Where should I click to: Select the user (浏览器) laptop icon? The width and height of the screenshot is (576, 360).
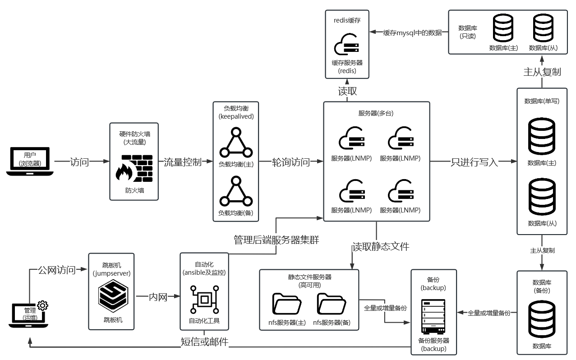coord(30,161)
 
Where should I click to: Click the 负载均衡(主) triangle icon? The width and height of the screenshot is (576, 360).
coord(235,143)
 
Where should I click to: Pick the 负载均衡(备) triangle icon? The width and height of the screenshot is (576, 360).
coord(235,192)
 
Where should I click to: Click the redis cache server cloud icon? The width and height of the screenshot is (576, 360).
coord(346,44)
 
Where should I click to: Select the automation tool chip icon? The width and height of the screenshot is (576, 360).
coord(204,299)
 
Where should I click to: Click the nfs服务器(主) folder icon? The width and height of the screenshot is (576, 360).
coord(287,304)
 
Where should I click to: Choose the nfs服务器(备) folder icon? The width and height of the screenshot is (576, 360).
coord(332,304)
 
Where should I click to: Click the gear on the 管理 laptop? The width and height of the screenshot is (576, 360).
coord(43,305)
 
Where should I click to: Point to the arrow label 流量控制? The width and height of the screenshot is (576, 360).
coord(182,162)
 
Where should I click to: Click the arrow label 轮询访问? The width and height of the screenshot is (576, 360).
coord(291,162)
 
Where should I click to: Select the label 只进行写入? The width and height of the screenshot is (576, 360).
coord(474,162)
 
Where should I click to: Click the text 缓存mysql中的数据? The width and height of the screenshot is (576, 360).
coord(412,32)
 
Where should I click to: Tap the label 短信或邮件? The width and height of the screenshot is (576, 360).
coord(204,342)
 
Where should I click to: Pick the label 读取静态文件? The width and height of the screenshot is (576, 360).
coord(381,246)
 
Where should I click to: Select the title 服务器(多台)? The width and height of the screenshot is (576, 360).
coord(376,113)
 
